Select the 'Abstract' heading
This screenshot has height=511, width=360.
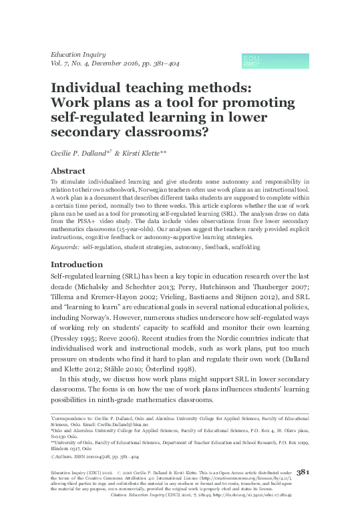tap(70, 171)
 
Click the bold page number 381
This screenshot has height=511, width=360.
tap(302, 472)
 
